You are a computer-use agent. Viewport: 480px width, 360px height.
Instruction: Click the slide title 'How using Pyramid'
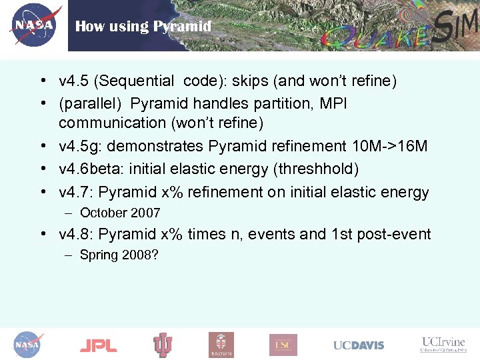(143, 27)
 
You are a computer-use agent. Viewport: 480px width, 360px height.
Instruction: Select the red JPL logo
(98, 345)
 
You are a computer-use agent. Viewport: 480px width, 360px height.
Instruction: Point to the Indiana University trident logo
(163, 345)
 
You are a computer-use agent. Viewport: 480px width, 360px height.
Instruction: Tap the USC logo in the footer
(283, 345)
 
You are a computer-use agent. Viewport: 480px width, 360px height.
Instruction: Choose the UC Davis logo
(359, 345)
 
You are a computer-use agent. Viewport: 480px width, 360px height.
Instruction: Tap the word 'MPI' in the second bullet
(333, 104)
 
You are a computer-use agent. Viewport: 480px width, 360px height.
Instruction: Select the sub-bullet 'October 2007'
(120, 213)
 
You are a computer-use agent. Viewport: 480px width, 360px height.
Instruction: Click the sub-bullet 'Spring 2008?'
(119, 255)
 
